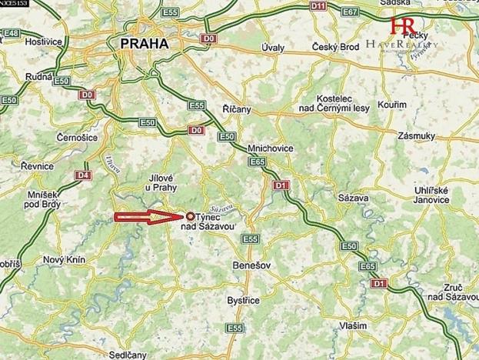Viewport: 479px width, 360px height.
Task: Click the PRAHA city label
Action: coord(145,44)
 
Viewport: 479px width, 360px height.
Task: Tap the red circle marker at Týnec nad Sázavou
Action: coord(191,218)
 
